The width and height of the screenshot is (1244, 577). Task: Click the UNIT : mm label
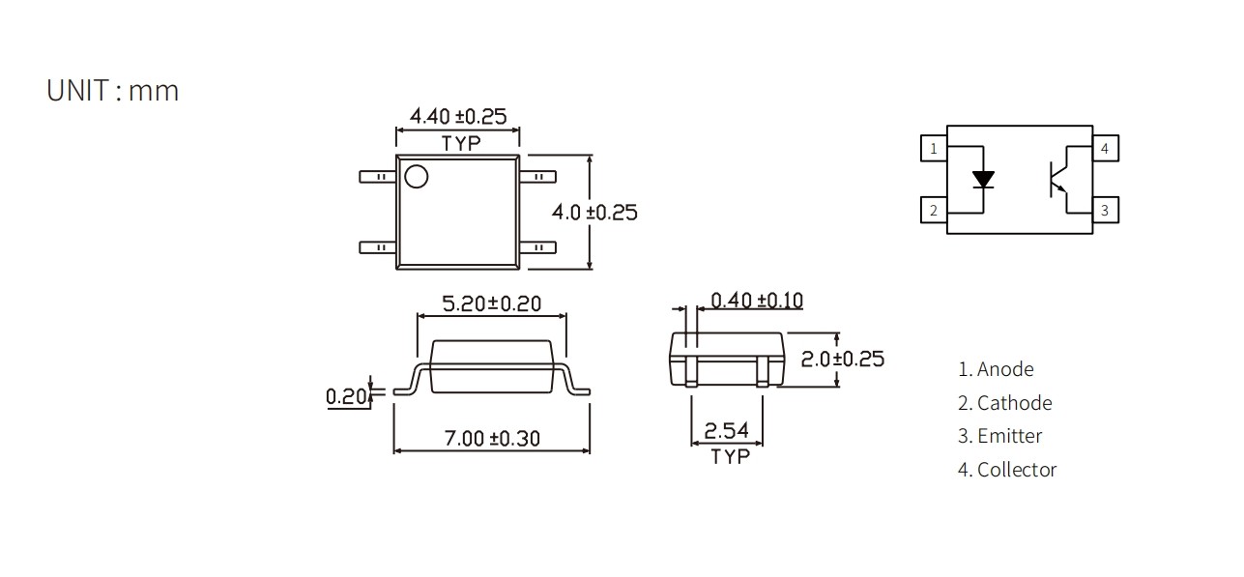click(x=113, y=91)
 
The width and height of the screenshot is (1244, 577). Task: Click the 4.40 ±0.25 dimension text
click(x=458, y=116)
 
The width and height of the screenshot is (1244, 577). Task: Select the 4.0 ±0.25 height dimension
click(x=594, y=212)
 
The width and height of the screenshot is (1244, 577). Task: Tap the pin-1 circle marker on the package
click(x=417, y=177)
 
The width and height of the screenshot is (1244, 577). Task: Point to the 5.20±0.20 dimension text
click(x=491, y=303)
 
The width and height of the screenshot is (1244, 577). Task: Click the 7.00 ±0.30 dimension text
click(x=492, y=438)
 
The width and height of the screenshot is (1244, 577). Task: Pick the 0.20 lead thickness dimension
click(x=346, y=396)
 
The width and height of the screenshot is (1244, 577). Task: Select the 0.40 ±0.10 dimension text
click(x=757, y=300)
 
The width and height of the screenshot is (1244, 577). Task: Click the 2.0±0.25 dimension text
click(x=842, y=359)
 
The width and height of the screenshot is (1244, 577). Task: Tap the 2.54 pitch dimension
click(x=727, y=430)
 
